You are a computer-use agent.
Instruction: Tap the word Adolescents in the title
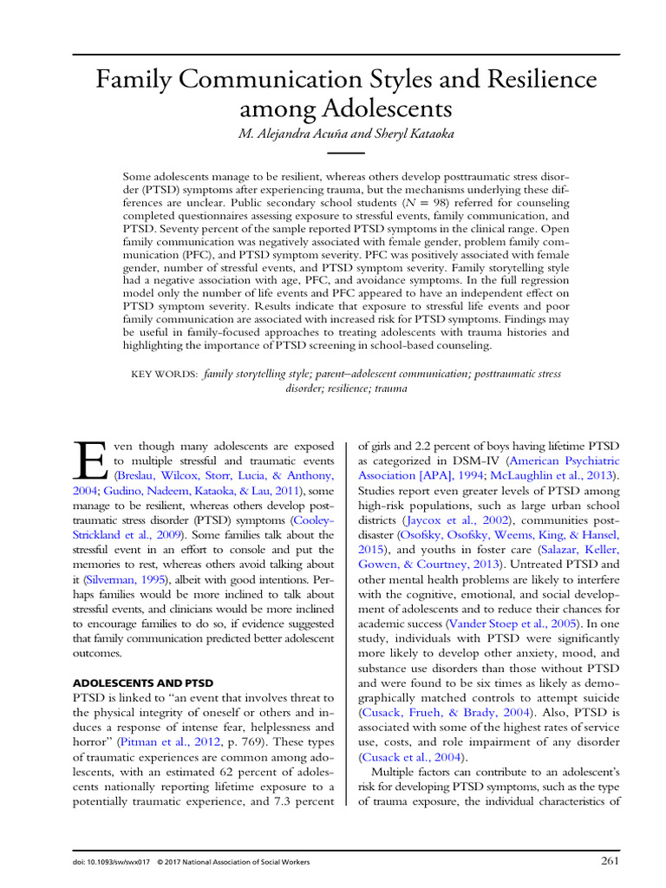coord(388,109)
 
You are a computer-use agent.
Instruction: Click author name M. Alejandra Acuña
coord(285,134)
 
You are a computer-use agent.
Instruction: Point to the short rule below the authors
coord(333,152)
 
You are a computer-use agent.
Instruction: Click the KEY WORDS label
coord(164,374)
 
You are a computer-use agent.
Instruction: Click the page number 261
coord(609,861)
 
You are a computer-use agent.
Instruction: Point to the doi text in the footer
coord(102,862)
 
